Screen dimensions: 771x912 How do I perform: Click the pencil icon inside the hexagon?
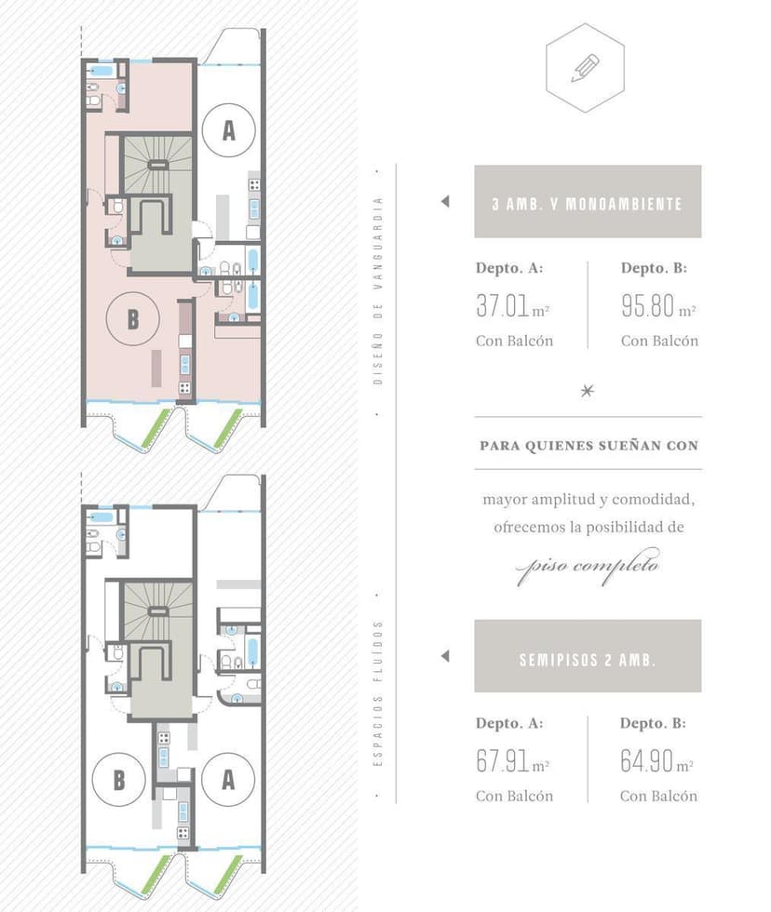pos(585,68)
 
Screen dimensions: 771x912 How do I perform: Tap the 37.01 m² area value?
pos(513,306)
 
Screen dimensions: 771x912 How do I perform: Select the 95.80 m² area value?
pos(658,306)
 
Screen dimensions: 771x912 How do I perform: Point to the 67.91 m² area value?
pos(513,761)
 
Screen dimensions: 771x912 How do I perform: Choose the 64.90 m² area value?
pos(657,761)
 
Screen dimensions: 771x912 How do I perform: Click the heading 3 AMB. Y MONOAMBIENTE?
pos(588,204)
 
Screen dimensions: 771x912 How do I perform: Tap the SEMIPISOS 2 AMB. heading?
pos(588,660)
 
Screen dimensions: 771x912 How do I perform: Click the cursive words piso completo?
pos(588,566)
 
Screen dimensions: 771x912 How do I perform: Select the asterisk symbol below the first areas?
pos(588,390)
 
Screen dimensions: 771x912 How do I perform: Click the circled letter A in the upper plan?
pos(229,130)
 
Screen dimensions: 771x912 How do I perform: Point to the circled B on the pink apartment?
pos(132,318)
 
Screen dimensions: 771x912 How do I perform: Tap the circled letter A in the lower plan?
pos(228,780)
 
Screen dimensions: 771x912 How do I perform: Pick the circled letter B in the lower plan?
pos(118,780)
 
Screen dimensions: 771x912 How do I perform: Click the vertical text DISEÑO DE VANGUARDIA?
pos(378,290)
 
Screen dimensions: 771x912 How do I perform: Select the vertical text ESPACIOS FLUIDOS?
pos(378,693)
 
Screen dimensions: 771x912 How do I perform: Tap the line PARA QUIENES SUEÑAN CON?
pos(588,446)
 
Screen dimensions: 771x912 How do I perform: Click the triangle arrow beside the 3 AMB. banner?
pos(445,201)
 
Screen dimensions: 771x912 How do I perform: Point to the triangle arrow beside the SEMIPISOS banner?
pos(445,656)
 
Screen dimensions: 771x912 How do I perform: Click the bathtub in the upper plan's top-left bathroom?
pos(101,71)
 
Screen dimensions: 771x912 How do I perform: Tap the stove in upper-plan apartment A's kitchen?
pos(254,185)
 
